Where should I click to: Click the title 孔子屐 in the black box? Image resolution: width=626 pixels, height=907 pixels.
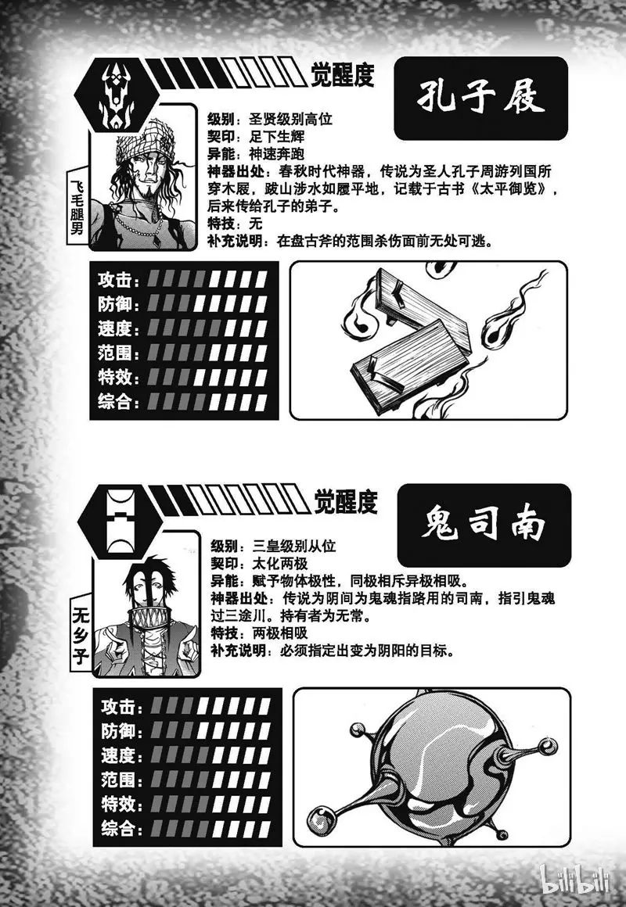coord(480,98)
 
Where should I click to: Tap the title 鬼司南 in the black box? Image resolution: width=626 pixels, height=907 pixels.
coord(483,525)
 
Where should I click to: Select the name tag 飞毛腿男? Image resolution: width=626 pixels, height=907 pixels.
coord(76,206)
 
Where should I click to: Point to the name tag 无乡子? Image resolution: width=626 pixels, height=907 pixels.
coord(80,635)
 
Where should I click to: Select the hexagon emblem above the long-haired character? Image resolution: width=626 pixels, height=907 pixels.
coord(121,522)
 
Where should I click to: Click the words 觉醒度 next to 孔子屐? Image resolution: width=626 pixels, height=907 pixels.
coord(342,74)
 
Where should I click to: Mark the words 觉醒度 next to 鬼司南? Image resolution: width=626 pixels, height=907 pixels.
coord(346,501)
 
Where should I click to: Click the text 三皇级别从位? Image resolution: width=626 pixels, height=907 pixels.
coord(294,546)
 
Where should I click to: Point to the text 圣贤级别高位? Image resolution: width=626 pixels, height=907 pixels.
coord(291,119)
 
